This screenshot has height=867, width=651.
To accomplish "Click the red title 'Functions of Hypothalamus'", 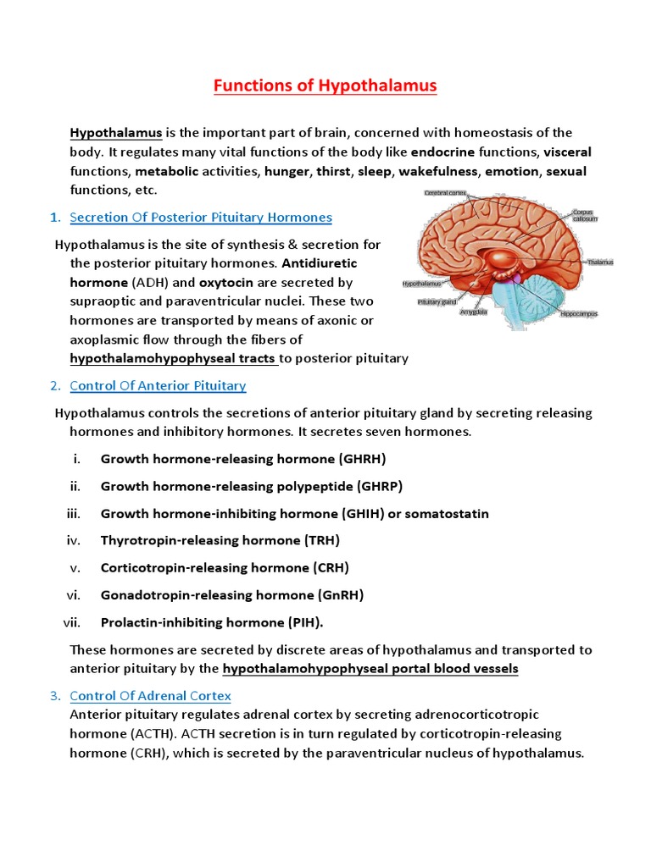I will click(325, 86).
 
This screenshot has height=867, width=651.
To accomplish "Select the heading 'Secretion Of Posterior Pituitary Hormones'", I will click(201, 218).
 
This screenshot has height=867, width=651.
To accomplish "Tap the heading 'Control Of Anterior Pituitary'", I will click(158, 386).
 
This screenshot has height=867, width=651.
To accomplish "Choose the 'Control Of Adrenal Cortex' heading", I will click(150, 696).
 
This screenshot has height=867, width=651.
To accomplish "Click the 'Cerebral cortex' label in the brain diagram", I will click(445, 193).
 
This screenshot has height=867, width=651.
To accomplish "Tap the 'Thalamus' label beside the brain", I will click(599, 262).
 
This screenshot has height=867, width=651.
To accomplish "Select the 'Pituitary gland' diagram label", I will click(437, 301).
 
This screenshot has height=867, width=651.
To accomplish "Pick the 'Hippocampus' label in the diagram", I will click(579, 313).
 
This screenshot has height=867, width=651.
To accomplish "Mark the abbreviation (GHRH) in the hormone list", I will click(362, 459).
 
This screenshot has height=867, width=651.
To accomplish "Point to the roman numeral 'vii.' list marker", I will click(72, 622).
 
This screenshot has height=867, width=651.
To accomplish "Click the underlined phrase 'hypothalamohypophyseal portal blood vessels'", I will click(370, 669).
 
